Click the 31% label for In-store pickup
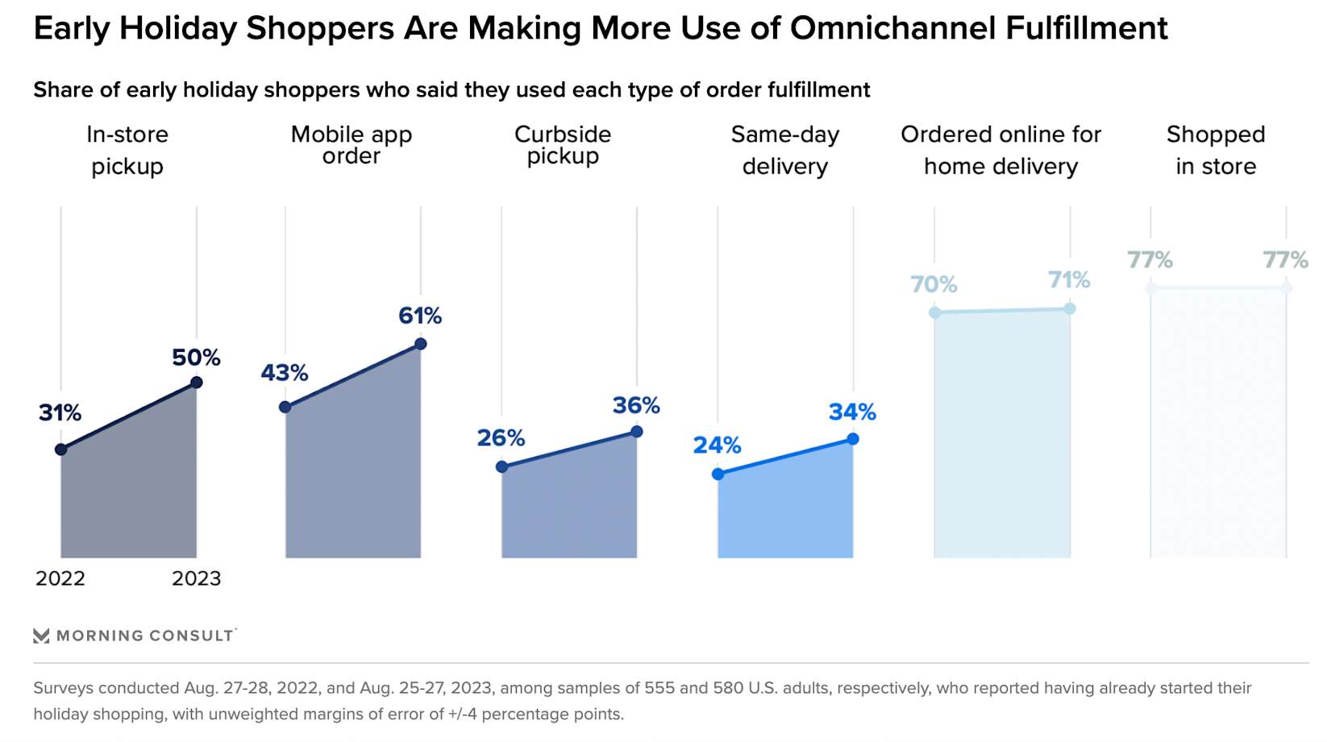tap(60, 413)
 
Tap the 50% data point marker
tap(196, 383)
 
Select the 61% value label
tap(420, 316)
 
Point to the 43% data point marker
tap(285, 407)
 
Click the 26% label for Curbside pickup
tap(501, 438)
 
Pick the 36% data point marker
tap(637, 432)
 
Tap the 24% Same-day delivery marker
tap(718, 475)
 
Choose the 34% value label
tap(852, 412)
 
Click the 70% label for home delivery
tap(934, 284)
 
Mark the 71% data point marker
tap(1070, 309)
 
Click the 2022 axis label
tap(60, 578)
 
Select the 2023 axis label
tap(196, 578)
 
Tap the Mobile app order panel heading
tap(352, 145)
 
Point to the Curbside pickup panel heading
tap(563, 145)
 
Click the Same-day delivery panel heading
tap(785, 150)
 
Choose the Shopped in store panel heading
tap(1216, 150)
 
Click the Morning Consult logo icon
tap(41, 636)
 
